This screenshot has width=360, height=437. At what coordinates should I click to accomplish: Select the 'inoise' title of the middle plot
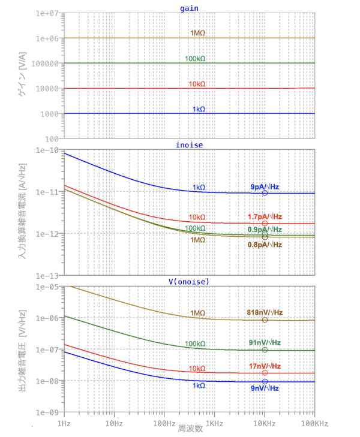tap(189, 144)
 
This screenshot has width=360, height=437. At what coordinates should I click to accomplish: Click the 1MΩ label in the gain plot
tap(197, 34)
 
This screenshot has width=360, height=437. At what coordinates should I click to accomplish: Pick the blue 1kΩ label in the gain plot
tap(199, 109)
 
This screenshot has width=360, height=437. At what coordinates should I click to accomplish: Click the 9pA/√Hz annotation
tap(265, 187)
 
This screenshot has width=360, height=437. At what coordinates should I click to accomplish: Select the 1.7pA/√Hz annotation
tap(265, 216)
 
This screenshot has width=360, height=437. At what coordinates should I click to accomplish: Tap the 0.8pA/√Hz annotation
tap(265, 245)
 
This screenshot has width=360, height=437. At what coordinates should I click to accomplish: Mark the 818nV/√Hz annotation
tap(265, 312)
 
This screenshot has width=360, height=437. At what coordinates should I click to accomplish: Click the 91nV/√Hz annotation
tap(265, 342)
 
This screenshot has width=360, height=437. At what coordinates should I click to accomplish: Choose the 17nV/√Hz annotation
tap(265, 366)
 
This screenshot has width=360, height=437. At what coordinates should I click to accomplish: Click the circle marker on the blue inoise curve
tap(265, 193)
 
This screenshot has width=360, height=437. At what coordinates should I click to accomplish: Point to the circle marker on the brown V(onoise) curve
tap(265, 320)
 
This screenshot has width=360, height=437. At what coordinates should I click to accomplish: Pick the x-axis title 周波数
tap(190, 429)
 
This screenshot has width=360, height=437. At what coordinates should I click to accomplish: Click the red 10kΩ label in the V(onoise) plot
tap(197, 369)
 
